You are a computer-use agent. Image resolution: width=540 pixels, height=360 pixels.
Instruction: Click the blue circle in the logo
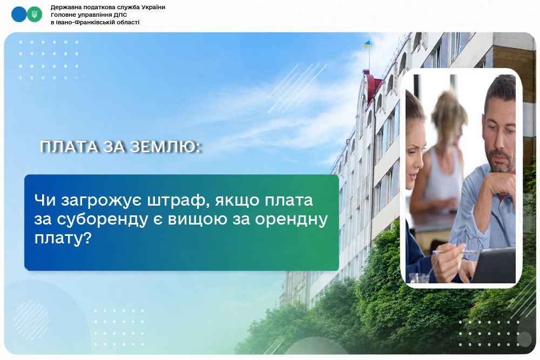pyautogui.click(x=18, y=15)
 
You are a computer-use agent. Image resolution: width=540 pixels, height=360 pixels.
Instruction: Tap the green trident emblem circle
pyautogui.click(x=35, y=15)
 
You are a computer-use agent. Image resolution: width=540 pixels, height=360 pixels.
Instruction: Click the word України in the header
pyautogui.click(x=153, y=7)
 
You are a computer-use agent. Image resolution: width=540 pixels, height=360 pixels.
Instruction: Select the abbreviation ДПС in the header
pyautogui.click(x=120, y=15)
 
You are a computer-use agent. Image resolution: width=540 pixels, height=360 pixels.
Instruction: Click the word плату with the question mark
pyautogui.click(x=63, y=238)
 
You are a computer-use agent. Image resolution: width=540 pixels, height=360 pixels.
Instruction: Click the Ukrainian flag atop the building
pyautogui.click(x=367, y=44)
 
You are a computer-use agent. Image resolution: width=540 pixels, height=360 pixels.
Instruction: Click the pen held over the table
pyautogui.click(x=455, y=252)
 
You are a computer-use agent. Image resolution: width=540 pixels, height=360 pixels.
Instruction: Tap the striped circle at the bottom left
pyautogui.click(x=31, y=321)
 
